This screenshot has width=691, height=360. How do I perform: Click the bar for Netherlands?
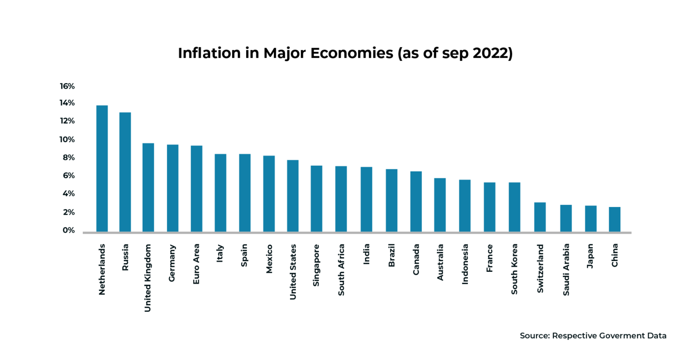coord(102,169)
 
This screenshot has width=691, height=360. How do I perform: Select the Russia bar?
coord(125,172)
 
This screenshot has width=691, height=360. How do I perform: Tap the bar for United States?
coord(293,196)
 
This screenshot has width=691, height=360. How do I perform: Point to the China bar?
coord(615,219)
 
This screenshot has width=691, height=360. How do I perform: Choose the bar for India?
coord(366,199)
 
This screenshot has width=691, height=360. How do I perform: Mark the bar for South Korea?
coord(514,207)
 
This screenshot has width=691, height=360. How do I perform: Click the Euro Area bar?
coord(196,189)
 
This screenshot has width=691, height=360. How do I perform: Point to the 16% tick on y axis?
coord(67,86)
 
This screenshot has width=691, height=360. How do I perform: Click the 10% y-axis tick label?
coord(67,139)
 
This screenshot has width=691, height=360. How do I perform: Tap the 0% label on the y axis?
coord(68,230)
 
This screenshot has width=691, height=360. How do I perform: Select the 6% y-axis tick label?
coord(68,175)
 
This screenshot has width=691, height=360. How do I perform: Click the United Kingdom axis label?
coord(148,278)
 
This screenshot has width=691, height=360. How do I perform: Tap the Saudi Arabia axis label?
coord(566,269)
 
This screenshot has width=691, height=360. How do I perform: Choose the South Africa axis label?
coord(341,270)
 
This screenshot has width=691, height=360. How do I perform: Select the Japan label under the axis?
coord(590,256)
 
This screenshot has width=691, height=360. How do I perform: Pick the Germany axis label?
coord(172,263)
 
